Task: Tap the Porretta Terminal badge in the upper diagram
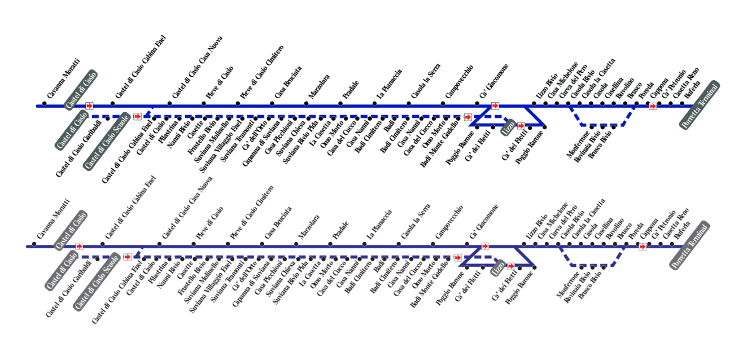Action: pyautogui.click(x=700, y=106)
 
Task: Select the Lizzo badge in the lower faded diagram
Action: pyautogui.click(x=497, y=267)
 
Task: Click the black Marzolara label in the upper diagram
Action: pyautogui.click(x=319, y=86)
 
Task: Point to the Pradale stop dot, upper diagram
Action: pyautogui.click(x=340, y=103)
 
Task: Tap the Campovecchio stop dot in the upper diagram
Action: pyautogui.click(x=443, y=103)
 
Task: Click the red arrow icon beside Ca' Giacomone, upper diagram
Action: pyautogui.click(x=495, y=106)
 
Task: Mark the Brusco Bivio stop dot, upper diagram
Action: pyautogui.click(x=614, y=127)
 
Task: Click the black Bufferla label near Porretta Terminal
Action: pyautogui.click(x=692, y=91)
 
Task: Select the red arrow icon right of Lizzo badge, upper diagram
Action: pyautogui.click(x=521, y=125)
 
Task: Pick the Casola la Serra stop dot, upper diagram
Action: pyautogui.click(x=409, y=103)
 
